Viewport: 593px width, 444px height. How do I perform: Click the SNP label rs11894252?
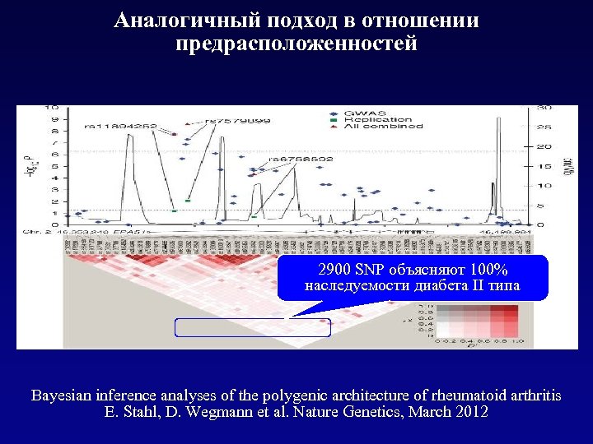(x=121, y=127)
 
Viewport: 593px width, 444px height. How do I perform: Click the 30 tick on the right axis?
(x=544, y=107)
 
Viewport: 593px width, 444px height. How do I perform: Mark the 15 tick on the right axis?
(x=544, y=166)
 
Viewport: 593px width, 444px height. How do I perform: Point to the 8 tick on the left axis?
(x=55, y=131)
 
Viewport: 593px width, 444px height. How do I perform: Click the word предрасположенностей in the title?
(x=296, y=43)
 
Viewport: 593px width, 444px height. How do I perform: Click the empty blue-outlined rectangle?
(x=252, y=327)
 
